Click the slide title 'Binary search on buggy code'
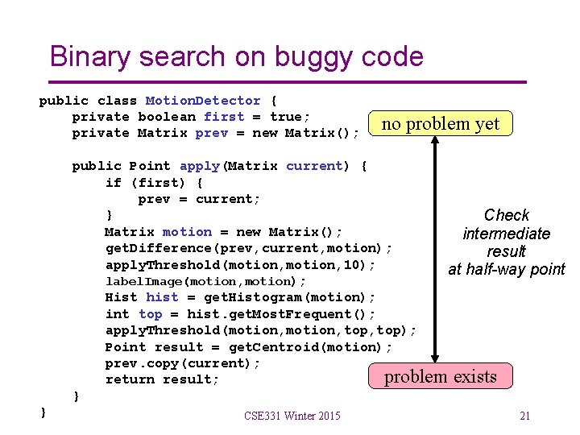[236, 56]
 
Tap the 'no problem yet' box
[440, 124]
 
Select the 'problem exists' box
[440, 376]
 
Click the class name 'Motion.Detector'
[203, 101]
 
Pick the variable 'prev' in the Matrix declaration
[211, 133]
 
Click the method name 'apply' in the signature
[199, 166]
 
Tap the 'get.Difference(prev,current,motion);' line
[249, 248]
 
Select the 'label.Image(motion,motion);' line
[205, 281]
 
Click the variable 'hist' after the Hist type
[162, 297]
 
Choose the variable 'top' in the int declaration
[150, 314]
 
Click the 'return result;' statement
[162, 379]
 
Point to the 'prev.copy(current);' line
[183, 363]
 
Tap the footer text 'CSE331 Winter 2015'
[292, 416]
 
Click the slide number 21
[524, 416]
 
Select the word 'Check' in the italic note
[506, 215]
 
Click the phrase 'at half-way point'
[506, 270]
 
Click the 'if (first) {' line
[154, 182]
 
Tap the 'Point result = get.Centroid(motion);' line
[249, 347]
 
